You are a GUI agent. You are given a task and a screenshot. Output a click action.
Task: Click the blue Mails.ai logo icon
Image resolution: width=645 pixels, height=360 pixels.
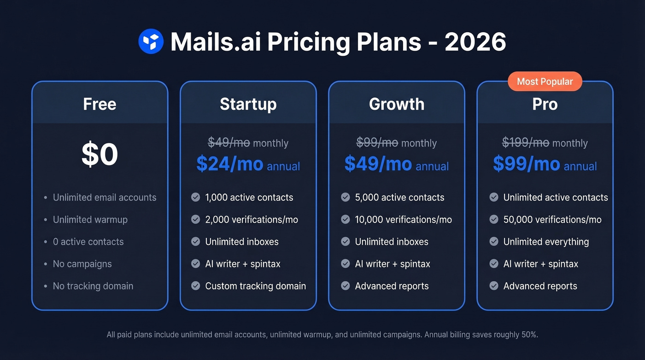coord(151,41)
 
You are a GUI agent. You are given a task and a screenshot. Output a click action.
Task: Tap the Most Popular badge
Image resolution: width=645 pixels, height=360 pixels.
coord(545,82)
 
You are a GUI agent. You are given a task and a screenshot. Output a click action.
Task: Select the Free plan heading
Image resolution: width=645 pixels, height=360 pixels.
coord(100,104)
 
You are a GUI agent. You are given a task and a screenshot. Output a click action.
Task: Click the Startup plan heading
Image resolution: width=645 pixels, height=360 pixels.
coord(248,104)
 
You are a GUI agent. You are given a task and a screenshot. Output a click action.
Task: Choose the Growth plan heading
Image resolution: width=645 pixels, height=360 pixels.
coord(396,104)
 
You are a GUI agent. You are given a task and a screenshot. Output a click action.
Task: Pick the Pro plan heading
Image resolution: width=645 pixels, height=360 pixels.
coord(545,104)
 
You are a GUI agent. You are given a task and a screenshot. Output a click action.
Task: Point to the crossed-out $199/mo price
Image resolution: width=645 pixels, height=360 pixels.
coord(525,143)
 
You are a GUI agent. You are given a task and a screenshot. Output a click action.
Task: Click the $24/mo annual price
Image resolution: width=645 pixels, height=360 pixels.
coord(230,164)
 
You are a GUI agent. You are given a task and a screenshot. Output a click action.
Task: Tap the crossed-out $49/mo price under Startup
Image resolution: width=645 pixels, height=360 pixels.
coord(229,143)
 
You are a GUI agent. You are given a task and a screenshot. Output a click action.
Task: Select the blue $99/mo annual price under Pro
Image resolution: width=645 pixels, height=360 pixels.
coord(527,164)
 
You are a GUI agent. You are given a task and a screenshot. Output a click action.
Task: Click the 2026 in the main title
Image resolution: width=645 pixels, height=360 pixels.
coord(475,42)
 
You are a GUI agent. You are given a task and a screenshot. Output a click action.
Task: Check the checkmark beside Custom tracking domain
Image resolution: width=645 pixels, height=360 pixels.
coord(195,286)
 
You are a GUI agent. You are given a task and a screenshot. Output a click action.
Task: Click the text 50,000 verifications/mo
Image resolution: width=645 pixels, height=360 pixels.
coord(552,219)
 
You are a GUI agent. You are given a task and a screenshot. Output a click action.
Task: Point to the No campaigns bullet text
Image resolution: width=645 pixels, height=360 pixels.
coord(82,264)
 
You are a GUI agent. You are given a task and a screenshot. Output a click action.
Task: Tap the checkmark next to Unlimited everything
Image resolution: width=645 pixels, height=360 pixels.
coord(494,242)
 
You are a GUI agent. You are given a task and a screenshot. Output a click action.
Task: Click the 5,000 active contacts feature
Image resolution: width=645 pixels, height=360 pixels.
coord(399,197)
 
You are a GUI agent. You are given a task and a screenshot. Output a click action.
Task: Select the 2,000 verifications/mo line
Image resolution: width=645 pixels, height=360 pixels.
coord(251,219)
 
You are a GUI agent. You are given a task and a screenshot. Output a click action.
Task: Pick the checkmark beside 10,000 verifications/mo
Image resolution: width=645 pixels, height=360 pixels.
coord(345,219)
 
